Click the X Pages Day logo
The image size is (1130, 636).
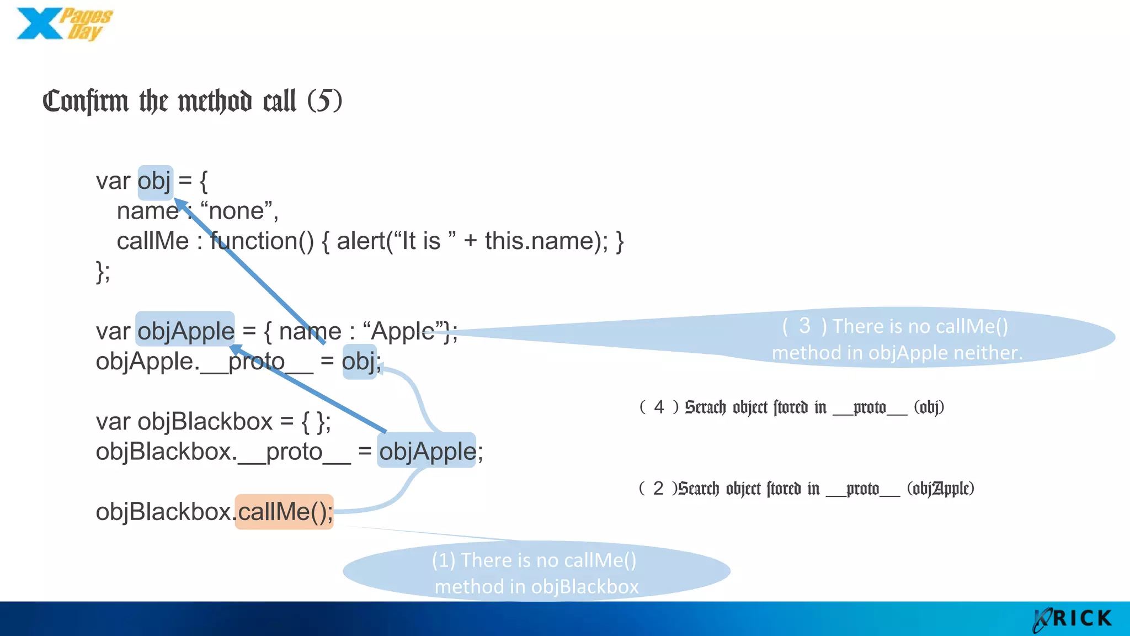64,24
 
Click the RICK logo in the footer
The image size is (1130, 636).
1073,619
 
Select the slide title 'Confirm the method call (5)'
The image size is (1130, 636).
192,101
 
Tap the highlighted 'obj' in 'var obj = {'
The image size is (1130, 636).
155,182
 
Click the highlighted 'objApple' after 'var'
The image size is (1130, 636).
185,331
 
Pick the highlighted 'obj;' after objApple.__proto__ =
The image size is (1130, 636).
360,362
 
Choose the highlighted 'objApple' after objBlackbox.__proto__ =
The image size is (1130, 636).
427,451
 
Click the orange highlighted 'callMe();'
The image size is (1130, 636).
285,512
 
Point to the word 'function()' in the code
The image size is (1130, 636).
262,241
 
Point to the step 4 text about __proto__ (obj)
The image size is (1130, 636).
792,407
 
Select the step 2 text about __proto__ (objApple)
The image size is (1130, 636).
806,489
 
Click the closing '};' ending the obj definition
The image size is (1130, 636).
103,272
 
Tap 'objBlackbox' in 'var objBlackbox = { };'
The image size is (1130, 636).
205,422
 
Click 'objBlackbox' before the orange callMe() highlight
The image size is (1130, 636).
163,512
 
